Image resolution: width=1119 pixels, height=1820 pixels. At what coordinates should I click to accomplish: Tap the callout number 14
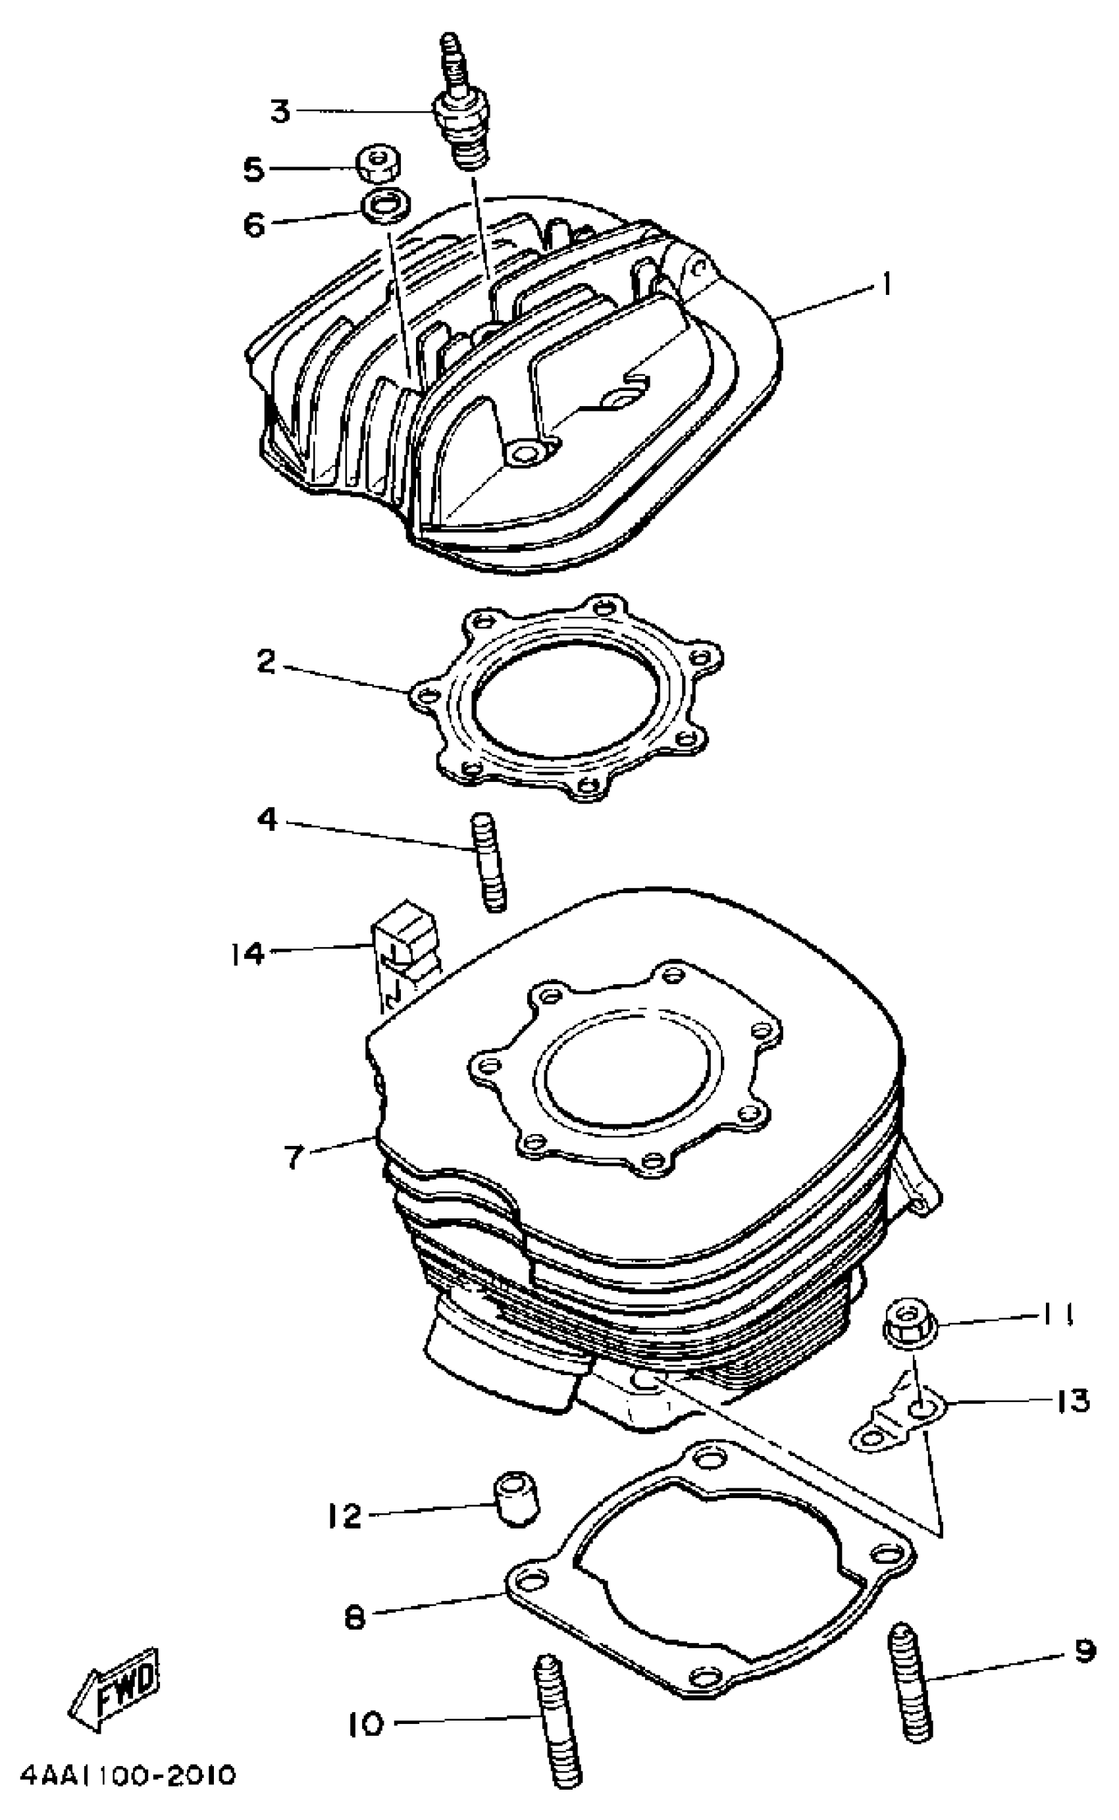(x=246, y=954)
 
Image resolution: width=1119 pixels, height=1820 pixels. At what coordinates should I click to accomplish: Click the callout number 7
(x=294, y=1157)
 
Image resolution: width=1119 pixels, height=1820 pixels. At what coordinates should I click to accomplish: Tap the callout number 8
(x=355, y=1618)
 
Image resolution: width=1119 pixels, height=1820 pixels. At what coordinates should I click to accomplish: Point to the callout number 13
(x=1072, y=1401)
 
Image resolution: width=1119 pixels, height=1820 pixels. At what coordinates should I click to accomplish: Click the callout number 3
(x=280, y=112)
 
